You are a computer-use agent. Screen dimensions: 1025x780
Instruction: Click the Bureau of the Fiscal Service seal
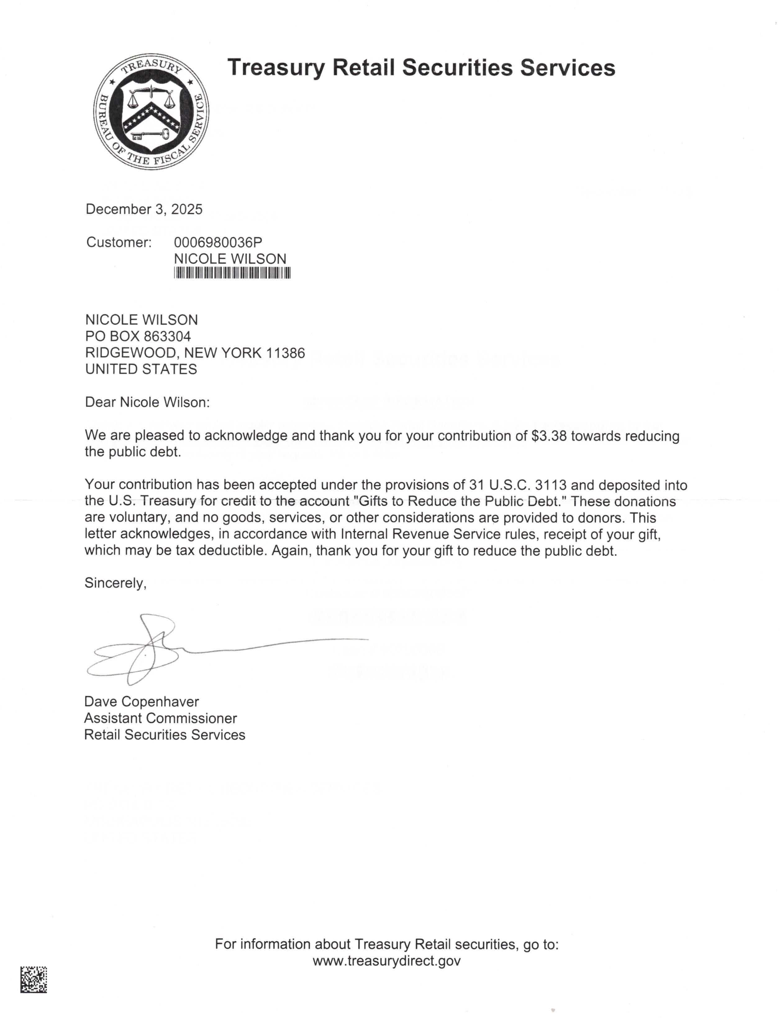point(151,111)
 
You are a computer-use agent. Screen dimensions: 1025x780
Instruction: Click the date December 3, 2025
point(144,209)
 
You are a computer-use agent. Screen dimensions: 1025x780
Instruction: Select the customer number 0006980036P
point(218,242)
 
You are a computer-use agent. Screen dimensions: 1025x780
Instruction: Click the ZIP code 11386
point(286,353)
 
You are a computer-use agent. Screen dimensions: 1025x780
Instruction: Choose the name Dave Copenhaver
point(142,702)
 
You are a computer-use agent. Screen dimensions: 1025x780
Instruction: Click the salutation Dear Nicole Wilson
point(147,402)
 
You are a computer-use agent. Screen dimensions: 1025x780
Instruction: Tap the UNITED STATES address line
point(141,369)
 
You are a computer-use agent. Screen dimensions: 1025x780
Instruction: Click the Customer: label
point(119,242)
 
